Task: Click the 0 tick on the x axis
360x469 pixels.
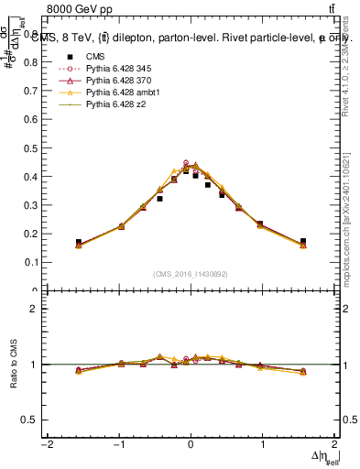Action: point(191,444)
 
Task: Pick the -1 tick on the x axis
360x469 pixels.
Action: point(119,444)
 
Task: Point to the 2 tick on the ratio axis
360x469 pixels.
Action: point(33,309)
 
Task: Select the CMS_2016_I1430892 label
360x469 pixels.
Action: point(191,274)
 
